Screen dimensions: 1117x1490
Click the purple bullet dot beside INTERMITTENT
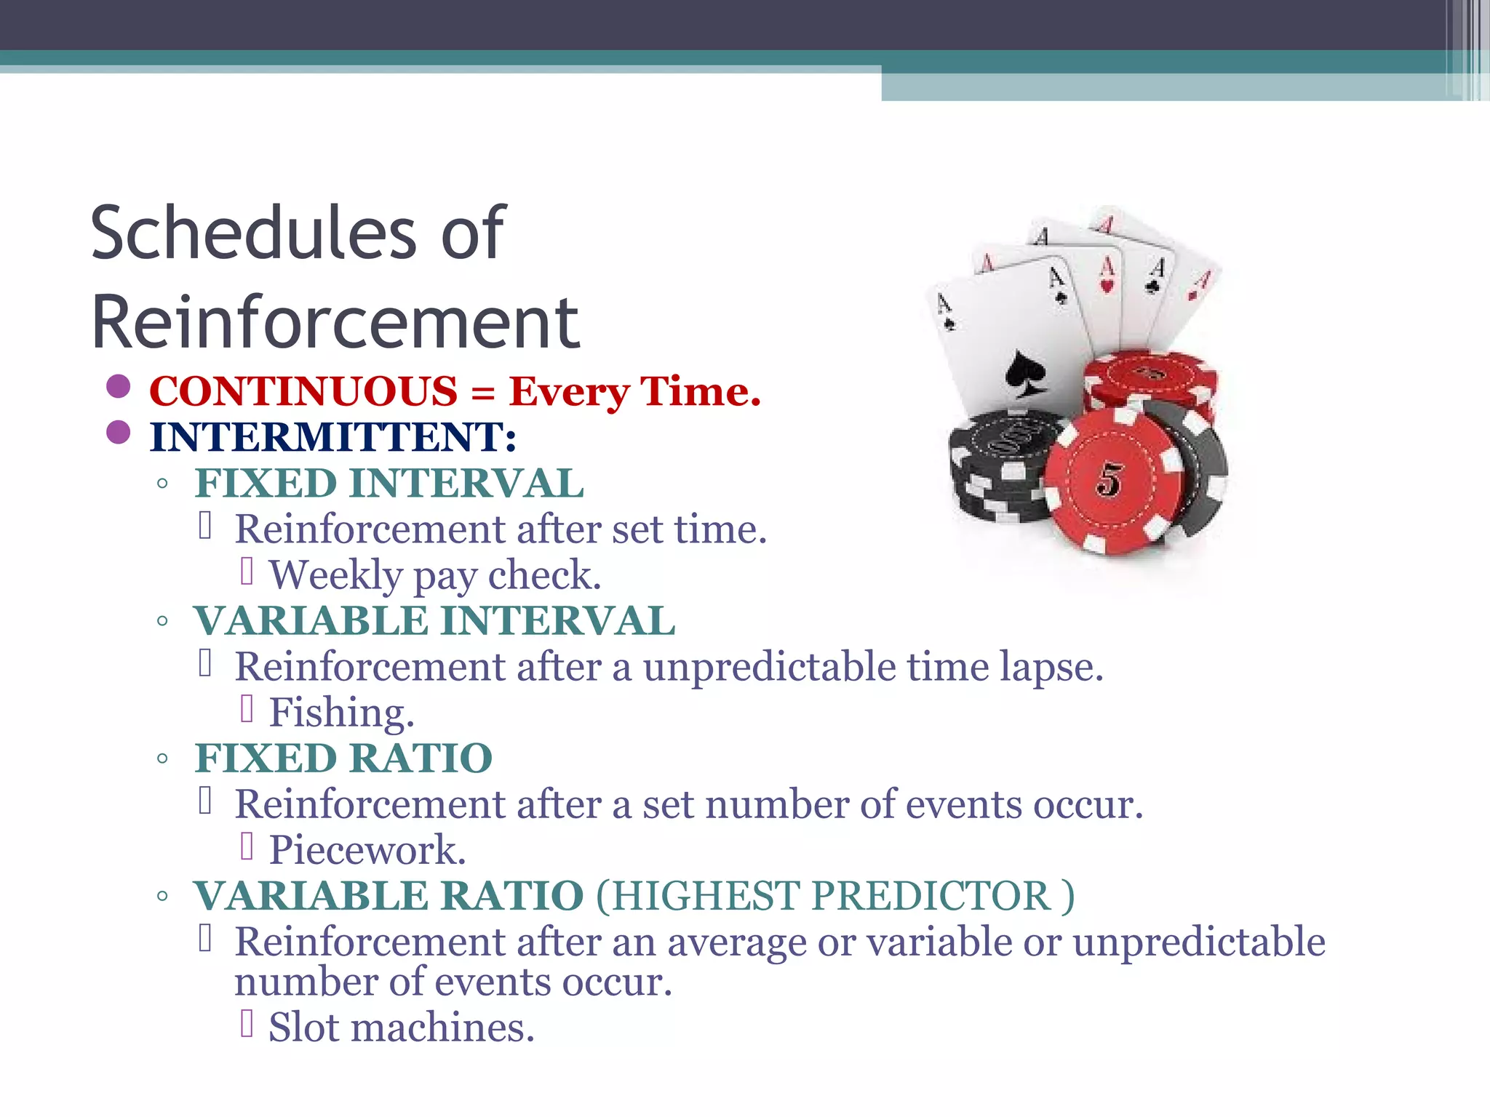(x=118, y=433)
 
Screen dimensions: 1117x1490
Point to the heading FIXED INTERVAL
(x=389, y=484)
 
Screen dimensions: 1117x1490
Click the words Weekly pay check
(x=435, y=575)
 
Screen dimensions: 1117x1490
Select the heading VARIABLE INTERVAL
(x=434, y=621)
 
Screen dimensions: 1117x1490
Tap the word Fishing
(x=341, y=713)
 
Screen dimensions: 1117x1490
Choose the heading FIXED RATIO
(x=343, y=758)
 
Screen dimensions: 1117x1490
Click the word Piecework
(x=367, y=850)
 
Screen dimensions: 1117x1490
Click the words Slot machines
(x=402, y=1028)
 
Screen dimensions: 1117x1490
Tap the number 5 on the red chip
(x=1109, y=480)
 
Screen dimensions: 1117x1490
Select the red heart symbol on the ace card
(x=1107, y=285)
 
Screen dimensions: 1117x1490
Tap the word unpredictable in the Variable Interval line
(x=770, y=667)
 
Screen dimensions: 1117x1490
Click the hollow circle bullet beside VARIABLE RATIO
(x=162, y=897)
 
